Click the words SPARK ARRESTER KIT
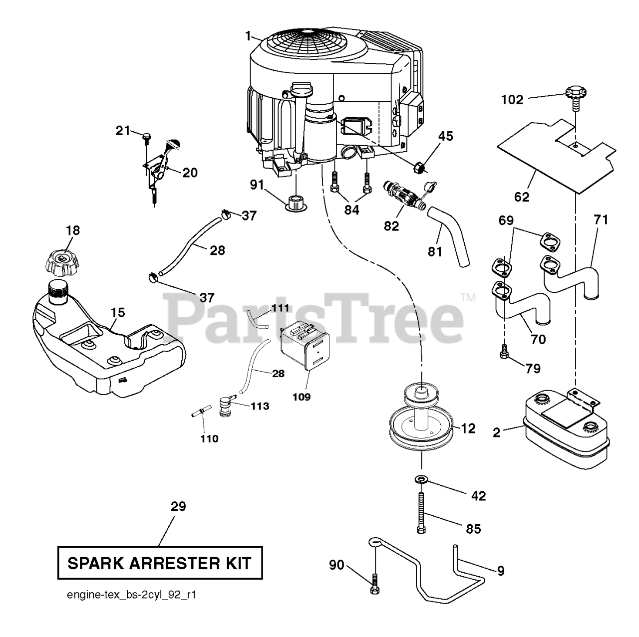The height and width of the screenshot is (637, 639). tap(160, 564)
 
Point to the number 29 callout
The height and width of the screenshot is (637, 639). tap(178, 506)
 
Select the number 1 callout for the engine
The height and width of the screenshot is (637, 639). tap(248, 36)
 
